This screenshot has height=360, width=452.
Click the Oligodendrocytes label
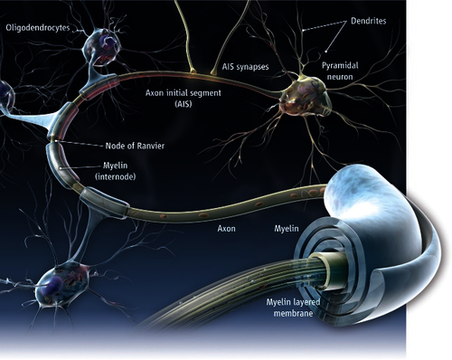[38, 28]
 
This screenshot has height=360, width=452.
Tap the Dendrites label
[368, 21]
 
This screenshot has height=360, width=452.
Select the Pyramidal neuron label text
[340, 71]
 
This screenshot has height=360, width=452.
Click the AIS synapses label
[245, 67]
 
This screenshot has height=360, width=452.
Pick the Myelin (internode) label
[116, 171]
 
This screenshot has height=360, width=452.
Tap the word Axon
[227, 229]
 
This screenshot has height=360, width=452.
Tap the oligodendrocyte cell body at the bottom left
[61, 283]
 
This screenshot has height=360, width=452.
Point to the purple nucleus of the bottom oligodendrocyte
[52, 286]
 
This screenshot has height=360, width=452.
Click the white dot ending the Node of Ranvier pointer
[55, 141]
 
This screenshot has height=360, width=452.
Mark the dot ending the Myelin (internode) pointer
[61, 168]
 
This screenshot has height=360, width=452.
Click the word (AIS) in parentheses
[184, 104]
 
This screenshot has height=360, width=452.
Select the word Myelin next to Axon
[287, 229]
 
